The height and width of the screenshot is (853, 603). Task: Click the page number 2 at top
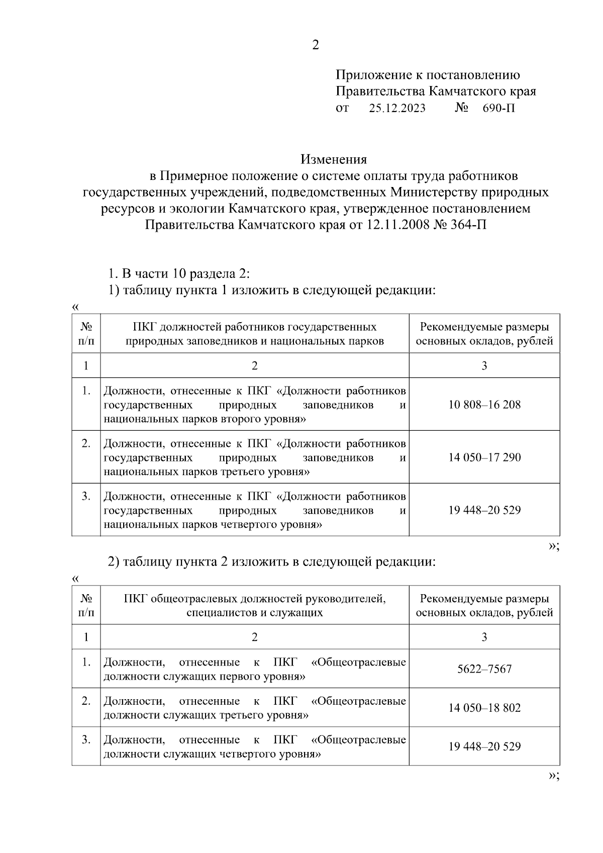[315, 45]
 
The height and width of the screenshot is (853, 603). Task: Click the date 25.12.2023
[397, 108]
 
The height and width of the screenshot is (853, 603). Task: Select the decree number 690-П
[498, 108]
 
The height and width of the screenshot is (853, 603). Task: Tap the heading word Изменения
[334, 159]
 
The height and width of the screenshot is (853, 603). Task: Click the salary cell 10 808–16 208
[484, 405]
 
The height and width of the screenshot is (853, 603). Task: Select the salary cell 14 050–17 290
[484, 457]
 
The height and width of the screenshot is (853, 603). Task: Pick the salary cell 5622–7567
[484, 669]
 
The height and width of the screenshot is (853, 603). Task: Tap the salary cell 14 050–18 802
[484, 708]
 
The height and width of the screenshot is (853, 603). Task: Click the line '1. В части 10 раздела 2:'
[179, 274]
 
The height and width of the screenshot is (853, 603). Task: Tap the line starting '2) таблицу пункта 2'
[272, 561]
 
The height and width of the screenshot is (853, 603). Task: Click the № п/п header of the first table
[86, 334]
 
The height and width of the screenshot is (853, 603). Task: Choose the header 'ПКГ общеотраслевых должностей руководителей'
[254, 599]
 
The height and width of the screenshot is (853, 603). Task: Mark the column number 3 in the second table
[484, 637]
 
